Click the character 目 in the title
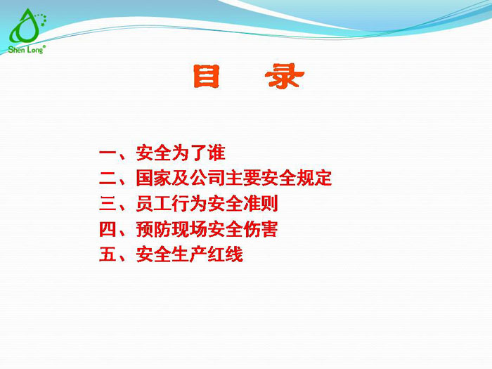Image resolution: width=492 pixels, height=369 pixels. pyautogui.click(x=206, y=78)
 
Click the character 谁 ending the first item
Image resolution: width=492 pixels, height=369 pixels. pyautogui.click(x=216, y=153)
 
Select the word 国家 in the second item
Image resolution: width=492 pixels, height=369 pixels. pyautogui.click(x=154, y=178)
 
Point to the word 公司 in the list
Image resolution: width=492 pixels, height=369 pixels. pyautogui.click(x=207, y=178)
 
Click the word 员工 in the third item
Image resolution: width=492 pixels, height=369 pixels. pyautogui.click(x=154, y=204)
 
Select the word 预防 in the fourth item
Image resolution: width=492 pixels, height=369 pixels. pyautogui.click(x=154, y=229)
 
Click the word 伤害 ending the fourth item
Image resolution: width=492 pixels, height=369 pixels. pyautogui.click(x=269, y=229)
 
